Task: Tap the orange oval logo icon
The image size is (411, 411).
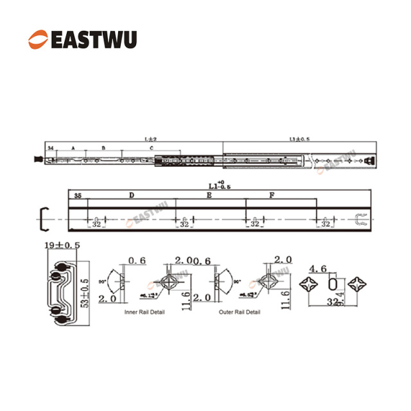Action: click(x=37, y=40)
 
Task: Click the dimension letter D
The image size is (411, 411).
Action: click(x=131, y=194)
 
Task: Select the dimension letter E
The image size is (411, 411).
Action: click(x=208, y=194)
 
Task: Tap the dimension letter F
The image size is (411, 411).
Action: click(x=272, y=194)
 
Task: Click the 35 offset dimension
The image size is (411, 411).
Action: click(x=78, y=194)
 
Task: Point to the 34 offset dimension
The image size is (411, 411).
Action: click(x=50, y=148)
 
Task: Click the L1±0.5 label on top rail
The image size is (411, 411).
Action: click(x=299, y=138)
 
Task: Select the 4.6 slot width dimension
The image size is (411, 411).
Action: click(x=318, y=268)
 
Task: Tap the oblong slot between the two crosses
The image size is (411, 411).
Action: click(x=333, y=284)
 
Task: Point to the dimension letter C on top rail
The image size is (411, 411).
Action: click(x=152, y=148)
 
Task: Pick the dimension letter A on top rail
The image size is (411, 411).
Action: click(x=73, y=148)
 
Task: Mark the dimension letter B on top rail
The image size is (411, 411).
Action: click(x=103, y=148)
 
